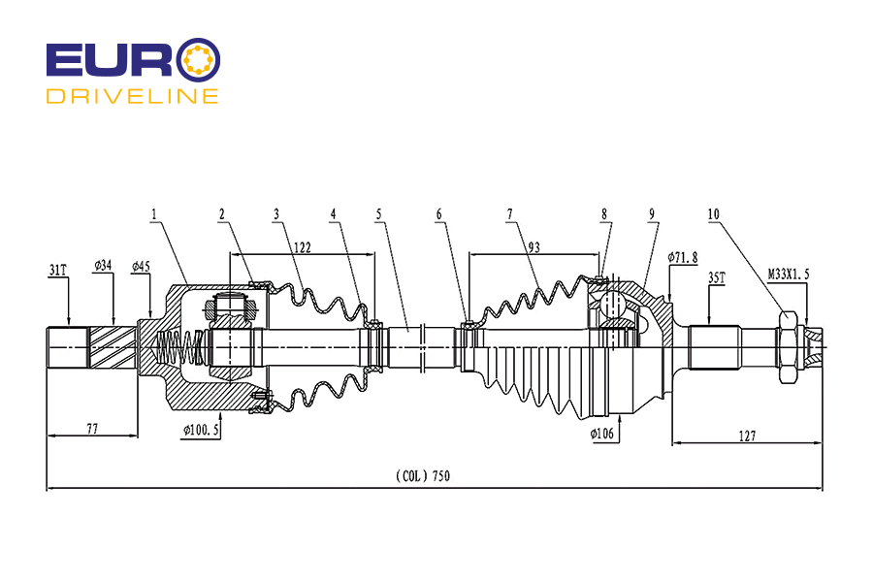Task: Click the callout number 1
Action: pos(153,213)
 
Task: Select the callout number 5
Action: pos(379,213)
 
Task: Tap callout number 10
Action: pos(714,213)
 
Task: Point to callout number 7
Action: pos(509,213)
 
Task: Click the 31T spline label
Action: pos(58,269)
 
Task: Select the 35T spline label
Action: pos(717,277)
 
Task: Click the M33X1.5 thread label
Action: pos(789,275)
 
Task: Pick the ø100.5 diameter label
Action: pos(201,428)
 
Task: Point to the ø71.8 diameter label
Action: pos(683,257)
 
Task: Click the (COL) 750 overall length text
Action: pos(423,476)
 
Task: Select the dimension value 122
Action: pos(302,248)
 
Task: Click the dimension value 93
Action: pos(533,248)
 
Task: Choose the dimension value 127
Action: pos(747,435)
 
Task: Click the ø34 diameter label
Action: pos(104,265)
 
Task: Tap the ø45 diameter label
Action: pos(141,265)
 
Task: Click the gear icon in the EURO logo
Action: pos(202,59)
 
